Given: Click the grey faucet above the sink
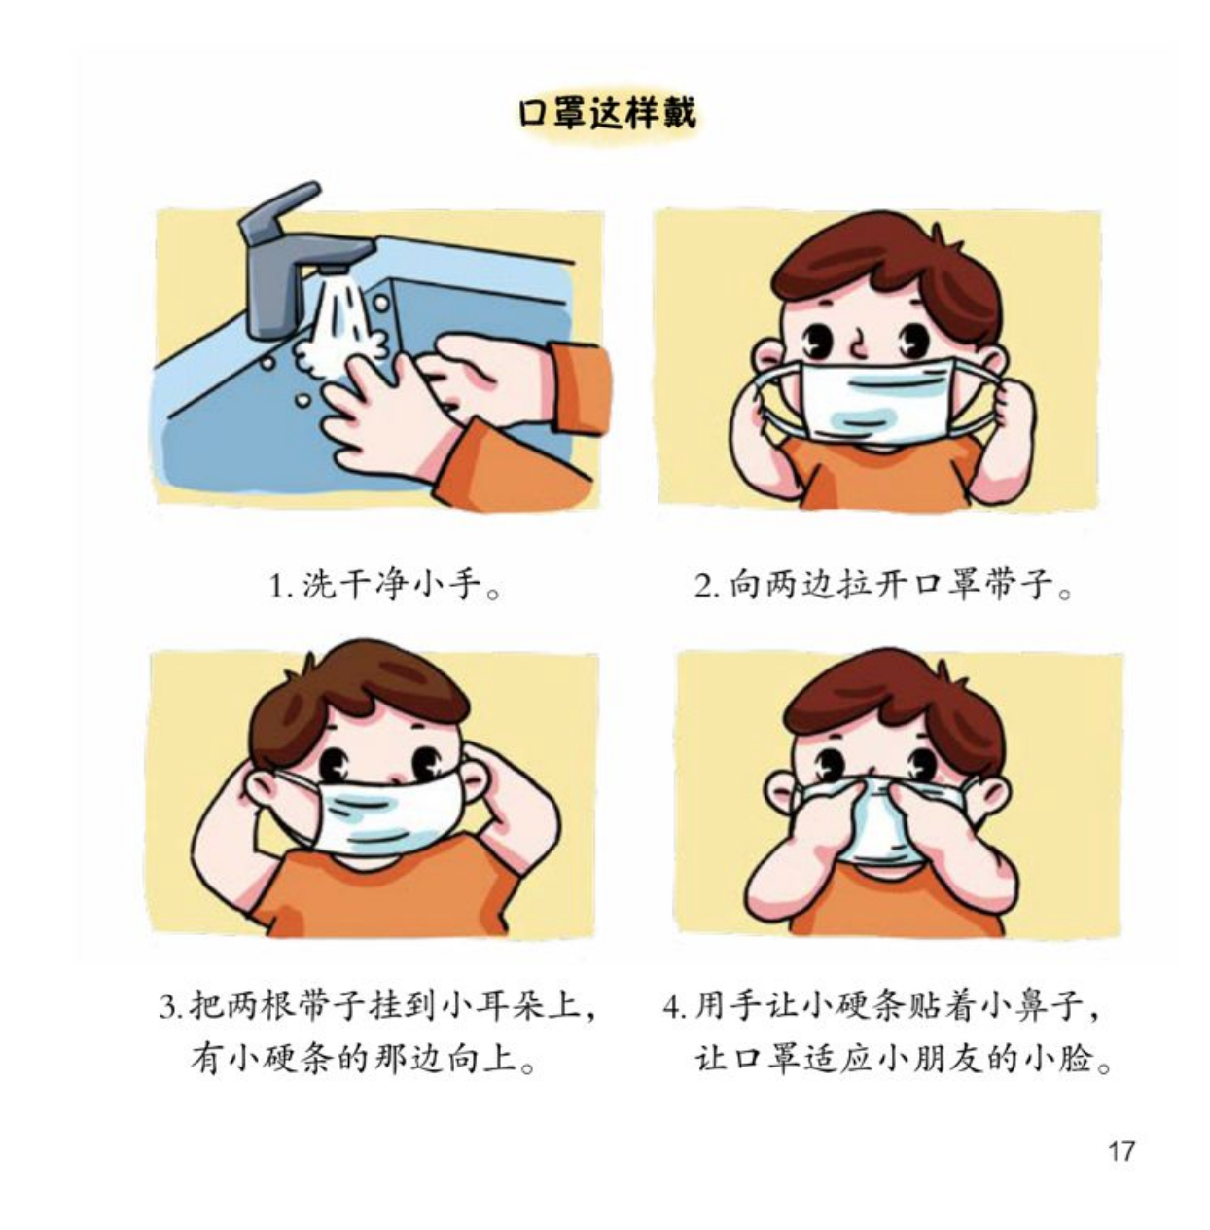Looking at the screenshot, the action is (x=294, y=255).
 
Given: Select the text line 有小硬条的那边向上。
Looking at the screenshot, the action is (x=363, y=1061).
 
